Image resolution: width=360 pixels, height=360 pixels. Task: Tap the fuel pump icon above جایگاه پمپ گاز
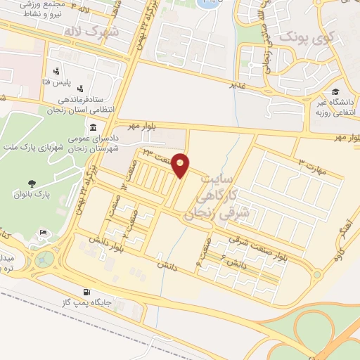86,292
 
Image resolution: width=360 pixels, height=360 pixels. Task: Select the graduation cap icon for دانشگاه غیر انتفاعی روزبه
336,92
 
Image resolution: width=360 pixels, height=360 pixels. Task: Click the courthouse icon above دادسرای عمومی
94,127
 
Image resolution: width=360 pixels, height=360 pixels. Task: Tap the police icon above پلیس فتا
55,72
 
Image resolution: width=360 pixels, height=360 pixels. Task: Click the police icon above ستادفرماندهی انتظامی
81,89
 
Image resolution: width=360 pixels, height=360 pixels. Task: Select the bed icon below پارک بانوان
44,233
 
